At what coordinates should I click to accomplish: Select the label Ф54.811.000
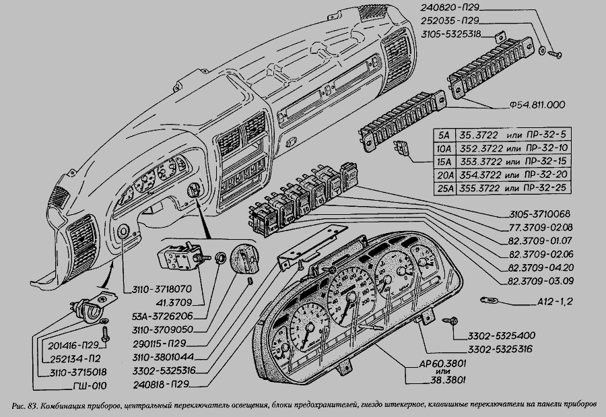(532, 104)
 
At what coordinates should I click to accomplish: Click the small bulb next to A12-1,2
(487, 300)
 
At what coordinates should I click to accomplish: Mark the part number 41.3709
(158, 301)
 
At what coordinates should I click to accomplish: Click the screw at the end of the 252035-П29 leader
(552, 52)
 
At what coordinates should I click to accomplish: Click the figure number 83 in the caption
(31, 407)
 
